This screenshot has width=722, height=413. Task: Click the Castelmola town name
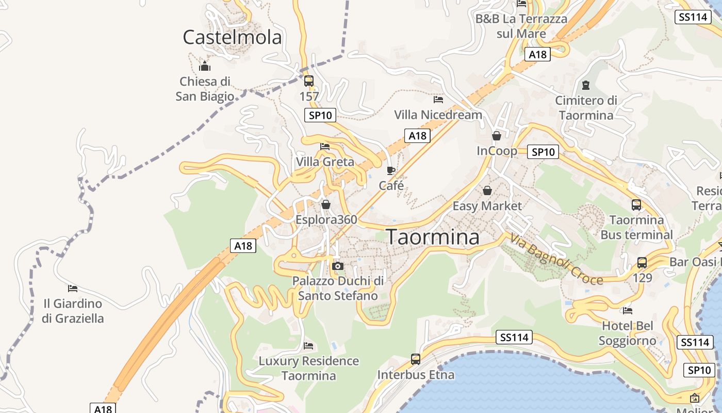point(233,37)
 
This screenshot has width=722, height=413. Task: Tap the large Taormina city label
point(433,237)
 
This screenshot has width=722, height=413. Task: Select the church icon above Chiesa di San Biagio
point(205,66)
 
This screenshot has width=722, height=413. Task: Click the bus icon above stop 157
point(309,81)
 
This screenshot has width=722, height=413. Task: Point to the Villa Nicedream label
point(438,115)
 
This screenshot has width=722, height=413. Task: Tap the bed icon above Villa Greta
point(325,147)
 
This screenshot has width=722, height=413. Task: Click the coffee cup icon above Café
point(391,170)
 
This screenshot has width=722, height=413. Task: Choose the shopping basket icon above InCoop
point(497,136)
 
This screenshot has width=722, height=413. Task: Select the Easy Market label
point(487,206)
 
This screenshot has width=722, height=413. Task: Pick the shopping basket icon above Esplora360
point(326,204)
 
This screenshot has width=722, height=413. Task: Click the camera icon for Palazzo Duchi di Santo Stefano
point(338,266)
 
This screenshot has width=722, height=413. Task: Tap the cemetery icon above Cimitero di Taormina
point(586,85)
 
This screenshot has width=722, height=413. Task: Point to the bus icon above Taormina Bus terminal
point(636,204)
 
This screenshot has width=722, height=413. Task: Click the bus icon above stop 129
point(642,262)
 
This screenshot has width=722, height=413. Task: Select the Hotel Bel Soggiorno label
point(628,333)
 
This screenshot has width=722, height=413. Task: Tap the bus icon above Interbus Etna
point(416,359)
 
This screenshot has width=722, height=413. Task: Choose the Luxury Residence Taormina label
point(308,368)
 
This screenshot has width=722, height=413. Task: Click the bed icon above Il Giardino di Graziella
point(73,288)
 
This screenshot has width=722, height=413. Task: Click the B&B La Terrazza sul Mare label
point(521,26)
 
